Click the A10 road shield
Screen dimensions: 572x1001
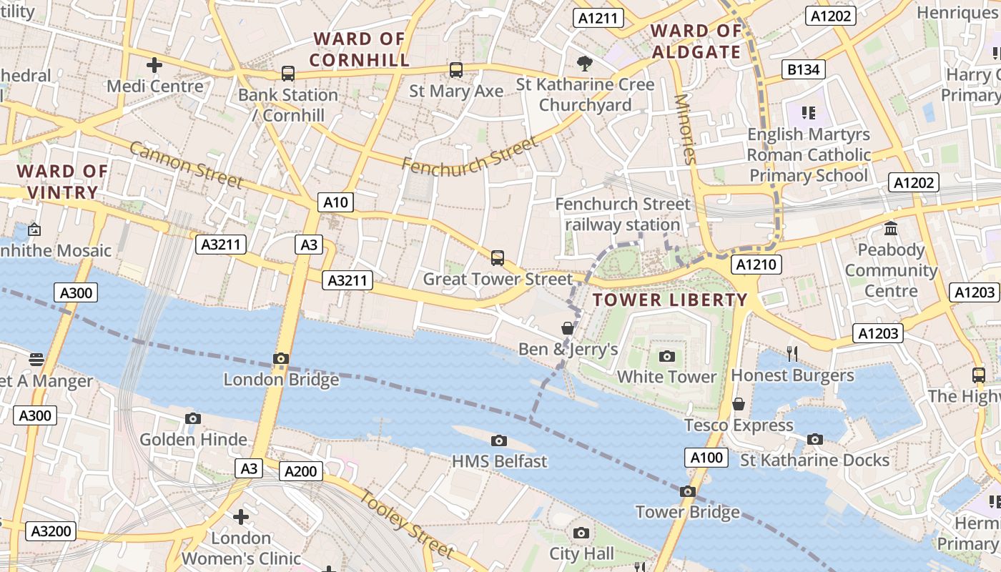point(335,202)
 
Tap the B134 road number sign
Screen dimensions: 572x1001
point(803,69)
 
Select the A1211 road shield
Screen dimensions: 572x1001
point(597,19)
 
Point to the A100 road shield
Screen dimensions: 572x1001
point(706,458)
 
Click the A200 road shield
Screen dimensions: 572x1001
point(300,471)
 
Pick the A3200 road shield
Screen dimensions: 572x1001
point(51,531)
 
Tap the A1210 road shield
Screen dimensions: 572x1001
point(756,265)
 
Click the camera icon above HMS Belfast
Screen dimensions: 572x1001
point(499,440)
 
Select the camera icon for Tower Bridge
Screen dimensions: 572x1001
point(688,491)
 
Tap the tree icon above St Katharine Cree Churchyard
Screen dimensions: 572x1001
point(585,63)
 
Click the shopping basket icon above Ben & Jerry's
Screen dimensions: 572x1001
point(568,328)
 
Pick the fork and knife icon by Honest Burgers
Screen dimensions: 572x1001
point(792,353)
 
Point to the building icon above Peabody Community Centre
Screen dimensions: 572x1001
point(891,229)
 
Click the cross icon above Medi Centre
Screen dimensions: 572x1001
point(154,66)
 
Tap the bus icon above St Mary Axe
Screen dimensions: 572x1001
point(455,70)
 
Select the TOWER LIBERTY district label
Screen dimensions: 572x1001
point(670,300)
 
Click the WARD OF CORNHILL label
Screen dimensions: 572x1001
point(360,49)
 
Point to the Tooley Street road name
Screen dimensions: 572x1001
point(405,524)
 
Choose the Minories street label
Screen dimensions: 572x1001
point(684,129)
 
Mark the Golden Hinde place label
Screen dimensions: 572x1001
point(193,439)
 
